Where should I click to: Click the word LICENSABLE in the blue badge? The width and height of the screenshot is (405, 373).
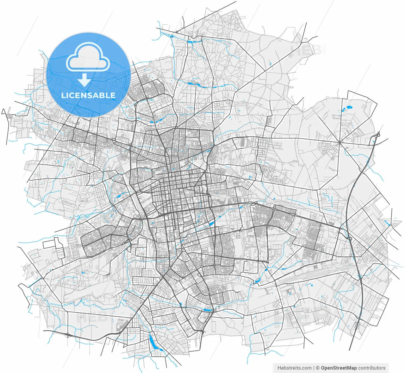[x=88, y=95]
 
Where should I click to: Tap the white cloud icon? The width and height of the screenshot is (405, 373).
[x=88, y=57]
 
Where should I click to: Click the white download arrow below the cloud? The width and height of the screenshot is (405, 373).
[x=84, y=80]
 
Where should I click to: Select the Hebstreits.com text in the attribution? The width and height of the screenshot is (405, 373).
[x=294, y=368]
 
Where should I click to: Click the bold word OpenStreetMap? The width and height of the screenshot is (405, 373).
[x=339, y=368]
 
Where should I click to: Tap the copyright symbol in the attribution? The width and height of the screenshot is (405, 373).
[x=317, y=368]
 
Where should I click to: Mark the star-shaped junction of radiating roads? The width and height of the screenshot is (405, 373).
[x=339, y=142]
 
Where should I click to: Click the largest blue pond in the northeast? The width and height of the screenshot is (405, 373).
[x=349, y=107]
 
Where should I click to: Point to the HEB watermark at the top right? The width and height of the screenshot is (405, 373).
[x=306, y=50]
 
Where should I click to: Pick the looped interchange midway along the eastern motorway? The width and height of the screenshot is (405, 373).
[x=349, y=236]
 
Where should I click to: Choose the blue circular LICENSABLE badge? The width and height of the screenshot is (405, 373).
[x=88, y=75]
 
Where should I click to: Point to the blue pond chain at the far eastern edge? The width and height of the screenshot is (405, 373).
[x=387, y=223]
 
